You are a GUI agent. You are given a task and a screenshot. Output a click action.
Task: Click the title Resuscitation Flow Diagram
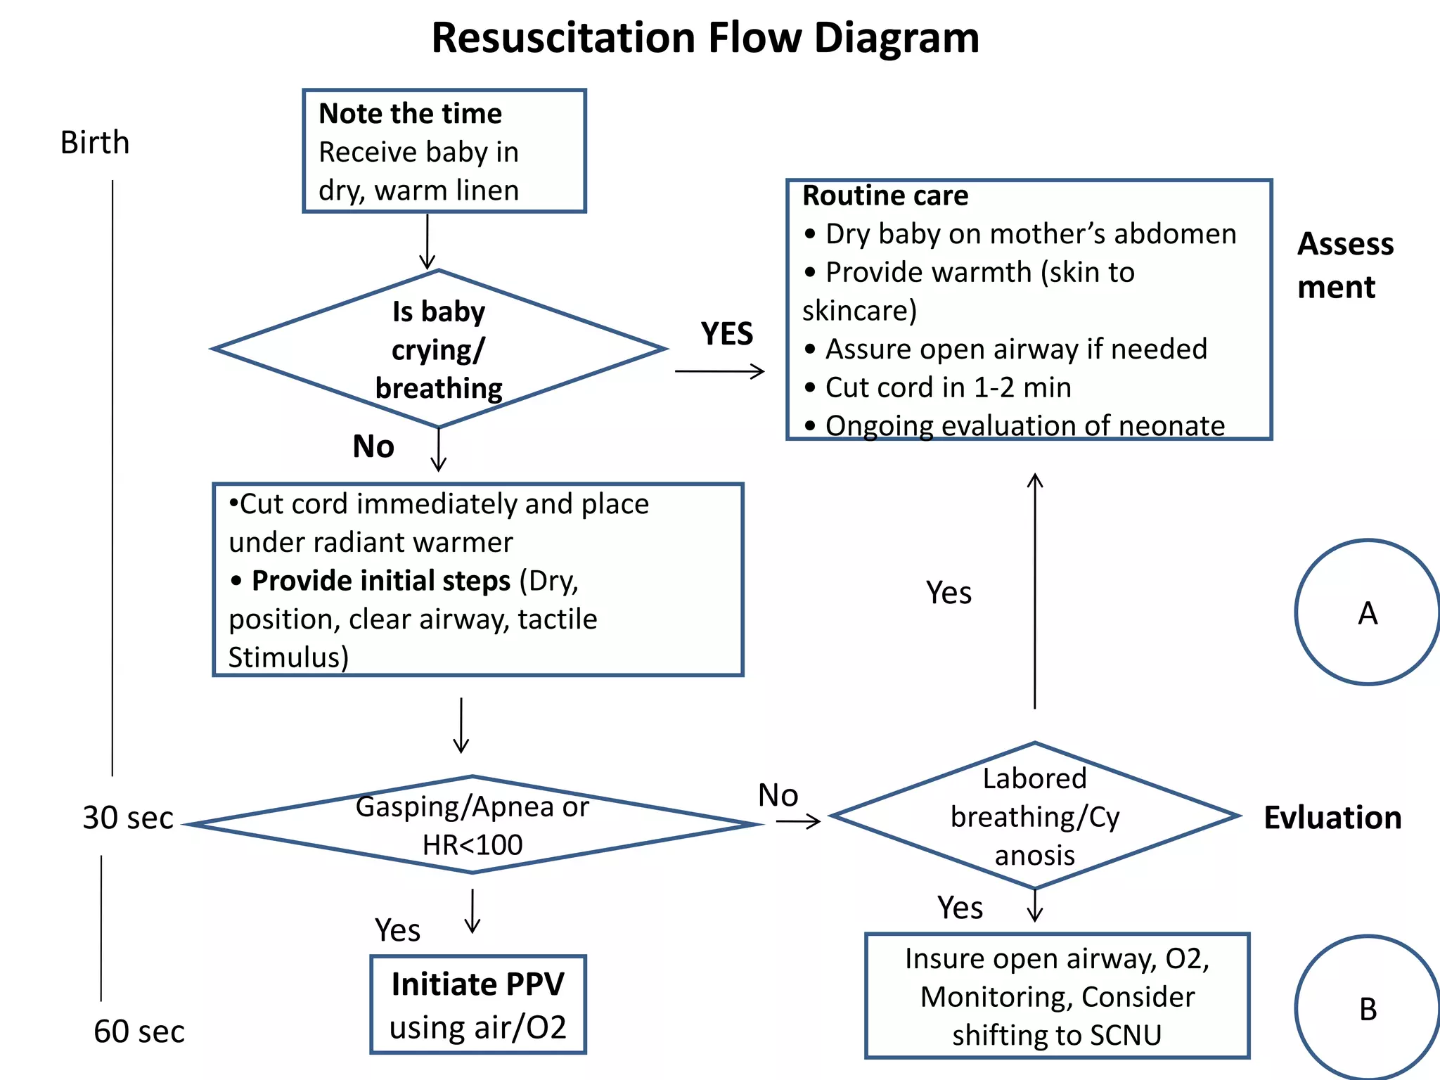705,38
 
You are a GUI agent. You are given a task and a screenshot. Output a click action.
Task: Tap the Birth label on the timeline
95,143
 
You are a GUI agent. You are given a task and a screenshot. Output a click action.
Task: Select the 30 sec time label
127,818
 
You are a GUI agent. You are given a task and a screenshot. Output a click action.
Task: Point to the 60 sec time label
139,1031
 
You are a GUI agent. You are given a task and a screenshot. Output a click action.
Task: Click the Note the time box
444,151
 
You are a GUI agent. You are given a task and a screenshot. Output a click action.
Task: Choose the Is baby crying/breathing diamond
439,349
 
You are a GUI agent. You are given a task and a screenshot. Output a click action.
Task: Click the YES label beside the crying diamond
726,334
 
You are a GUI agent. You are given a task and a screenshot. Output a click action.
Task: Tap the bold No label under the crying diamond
373,446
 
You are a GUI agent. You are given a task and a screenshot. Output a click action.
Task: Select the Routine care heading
885,195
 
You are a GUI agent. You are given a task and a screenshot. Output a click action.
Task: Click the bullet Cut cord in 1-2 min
947,387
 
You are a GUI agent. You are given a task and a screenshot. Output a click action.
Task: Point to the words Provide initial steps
380,581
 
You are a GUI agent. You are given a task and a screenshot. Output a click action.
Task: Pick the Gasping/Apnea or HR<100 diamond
472,825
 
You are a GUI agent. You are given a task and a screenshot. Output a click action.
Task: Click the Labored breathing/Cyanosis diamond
1034,816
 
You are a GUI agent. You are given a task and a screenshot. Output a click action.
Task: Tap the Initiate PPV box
478,1004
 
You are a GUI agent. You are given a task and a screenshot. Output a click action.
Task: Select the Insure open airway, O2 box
1057,996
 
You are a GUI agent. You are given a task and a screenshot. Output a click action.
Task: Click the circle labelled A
1367,612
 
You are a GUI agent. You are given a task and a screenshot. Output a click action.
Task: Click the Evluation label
1332,818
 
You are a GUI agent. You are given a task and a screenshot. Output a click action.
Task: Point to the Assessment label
1344,265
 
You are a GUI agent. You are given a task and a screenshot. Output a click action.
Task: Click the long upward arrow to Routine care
1034,591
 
